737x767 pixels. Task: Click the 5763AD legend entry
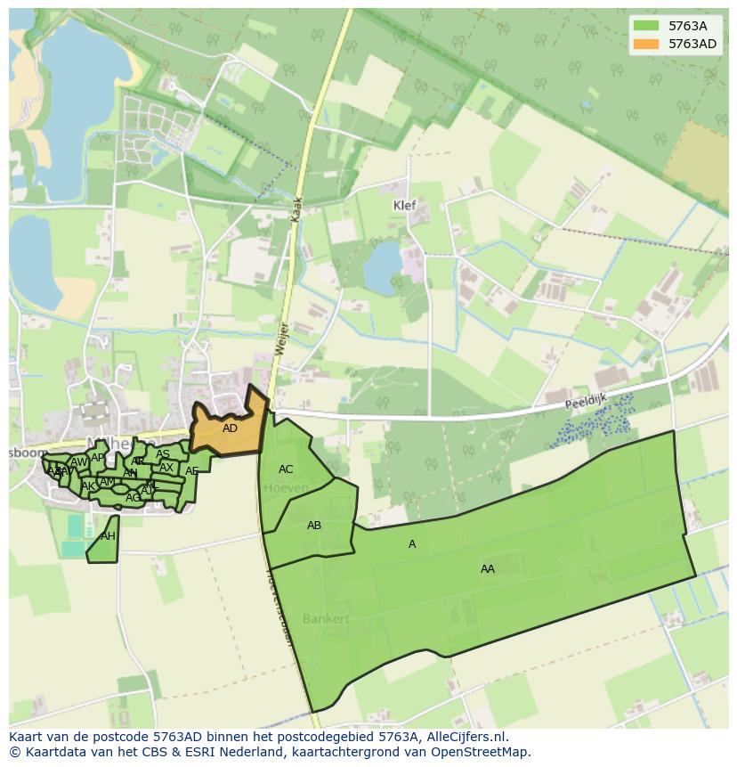tap(692, 44)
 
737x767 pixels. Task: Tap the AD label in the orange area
tap(230, 428)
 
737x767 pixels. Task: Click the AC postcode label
tap(286, 469)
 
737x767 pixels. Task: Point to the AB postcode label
tap(314, 526)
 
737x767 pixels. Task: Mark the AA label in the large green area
tap(488, 568)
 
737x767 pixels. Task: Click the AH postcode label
tap(108, 536)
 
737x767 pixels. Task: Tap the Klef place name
tap(405, 205)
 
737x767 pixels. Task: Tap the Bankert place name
tap(326, 618)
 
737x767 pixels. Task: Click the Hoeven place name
tap(287, 488)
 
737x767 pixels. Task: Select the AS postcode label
tap(163, 454)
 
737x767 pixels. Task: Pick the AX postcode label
tap(166, 468)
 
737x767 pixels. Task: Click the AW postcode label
tap(79, 462)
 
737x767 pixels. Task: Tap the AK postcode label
tap(88, 486)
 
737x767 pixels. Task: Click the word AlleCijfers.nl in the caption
tap(466, 737)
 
